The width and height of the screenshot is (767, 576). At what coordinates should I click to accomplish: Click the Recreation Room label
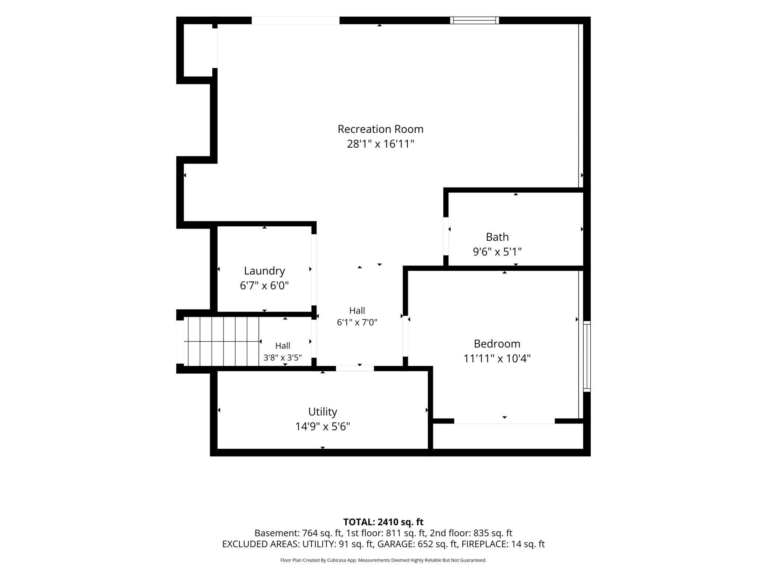tap(381, 129)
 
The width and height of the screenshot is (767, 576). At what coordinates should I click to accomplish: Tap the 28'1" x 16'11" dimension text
tap(381, 144)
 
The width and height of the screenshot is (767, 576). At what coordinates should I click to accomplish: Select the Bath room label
tap(497, 237)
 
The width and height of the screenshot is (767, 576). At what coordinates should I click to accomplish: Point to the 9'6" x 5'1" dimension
tap(497, 252)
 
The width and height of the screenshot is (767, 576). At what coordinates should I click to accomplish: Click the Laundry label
tap(264, 271)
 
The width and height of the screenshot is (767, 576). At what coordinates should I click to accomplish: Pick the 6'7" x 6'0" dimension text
tap(264, 286)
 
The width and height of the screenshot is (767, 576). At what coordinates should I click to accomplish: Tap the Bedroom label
tap(497, 344)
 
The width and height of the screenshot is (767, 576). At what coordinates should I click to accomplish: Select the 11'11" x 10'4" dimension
tap(497, 359)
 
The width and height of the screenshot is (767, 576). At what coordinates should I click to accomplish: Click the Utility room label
tap(323, 412)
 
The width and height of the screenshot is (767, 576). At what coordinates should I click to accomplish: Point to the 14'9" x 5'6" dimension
tap(323, 427)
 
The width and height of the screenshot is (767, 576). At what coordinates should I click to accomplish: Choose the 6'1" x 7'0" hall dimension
tap(357, 322)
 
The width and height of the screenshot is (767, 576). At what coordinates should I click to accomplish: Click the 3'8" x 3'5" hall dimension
tap(282, 358)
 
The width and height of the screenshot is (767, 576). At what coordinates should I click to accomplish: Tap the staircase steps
tap(221, 341)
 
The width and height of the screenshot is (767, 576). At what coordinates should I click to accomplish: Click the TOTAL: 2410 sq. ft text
tap(383, 522)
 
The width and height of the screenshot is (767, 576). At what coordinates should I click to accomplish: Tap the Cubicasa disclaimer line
tap(383, 560)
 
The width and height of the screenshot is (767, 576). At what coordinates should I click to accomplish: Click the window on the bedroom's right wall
tap(587, 356)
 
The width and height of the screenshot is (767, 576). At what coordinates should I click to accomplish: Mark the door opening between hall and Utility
tap(355, 368)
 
